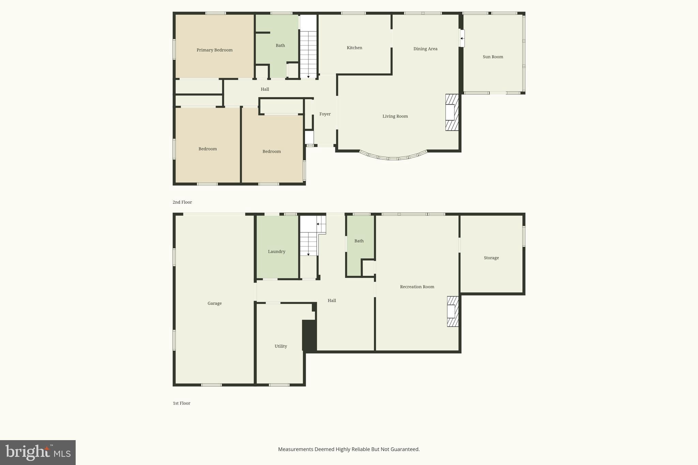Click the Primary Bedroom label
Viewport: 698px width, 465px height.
(x=214, y=50)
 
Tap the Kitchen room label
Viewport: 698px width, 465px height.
(x=354, y=48)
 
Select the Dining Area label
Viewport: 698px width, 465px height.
(x=425, y=49)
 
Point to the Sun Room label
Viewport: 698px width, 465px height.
(x=493, y=57)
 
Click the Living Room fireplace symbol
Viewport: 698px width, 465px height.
(x=452, y=112)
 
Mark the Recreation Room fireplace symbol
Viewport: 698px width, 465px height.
(x=453, y=311)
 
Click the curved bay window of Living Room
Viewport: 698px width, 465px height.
(x=393, y=157)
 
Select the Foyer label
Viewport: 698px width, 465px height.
(x=325, y=114)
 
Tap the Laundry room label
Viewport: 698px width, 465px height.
(x=276, y=252)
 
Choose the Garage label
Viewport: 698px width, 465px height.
(x=214, y=304)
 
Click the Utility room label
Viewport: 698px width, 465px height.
(x=280, y=346)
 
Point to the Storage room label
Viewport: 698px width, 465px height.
(x=491, y=258)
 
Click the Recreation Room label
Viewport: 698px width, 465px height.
(x=417, y=287)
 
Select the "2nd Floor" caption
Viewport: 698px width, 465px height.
(x=182, y=202)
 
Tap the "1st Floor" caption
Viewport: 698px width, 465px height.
(x=181, y=403)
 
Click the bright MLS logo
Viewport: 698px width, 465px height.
(x=38, y=452)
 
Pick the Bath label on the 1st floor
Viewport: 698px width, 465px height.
(x=359, y=241)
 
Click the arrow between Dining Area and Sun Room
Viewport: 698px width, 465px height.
(x=462, y=38)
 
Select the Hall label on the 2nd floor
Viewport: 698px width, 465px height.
(x=265, y=89)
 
